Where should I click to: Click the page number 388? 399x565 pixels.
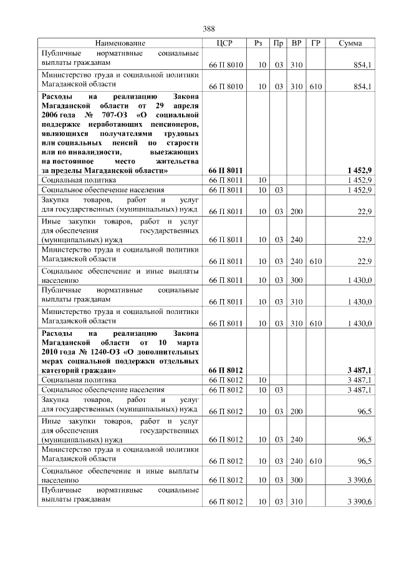tap(209, 29)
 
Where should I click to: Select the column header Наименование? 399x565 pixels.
tap(120, 43)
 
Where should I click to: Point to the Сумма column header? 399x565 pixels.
tap(351, 43)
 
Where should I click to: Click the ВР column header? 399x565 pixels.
tap(297, 43)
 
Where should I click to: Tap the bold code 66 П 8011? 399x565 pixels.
tap(226, 170)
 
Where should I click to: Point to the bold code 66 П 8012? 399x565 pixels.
tap(226, 370)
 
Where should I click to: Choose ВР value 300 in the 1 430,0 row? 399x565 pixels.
tap(296, 280)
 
